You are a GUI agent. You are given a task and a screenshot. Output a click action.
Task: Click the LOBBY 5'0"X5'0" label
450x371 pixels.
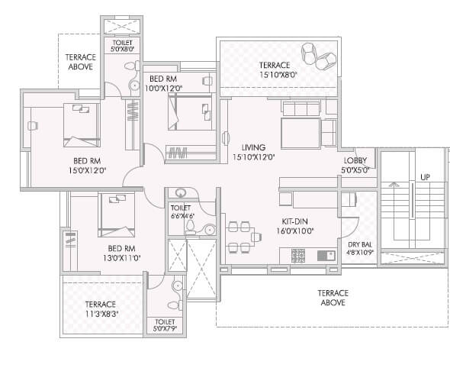coord(355,165)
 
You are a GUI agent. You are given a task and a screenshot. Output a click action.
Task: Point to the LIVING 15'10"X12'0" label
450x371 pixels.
coord(253,152)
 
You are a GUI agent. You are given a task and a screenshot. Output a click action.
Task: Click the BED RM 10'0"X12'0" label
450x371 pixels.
coord(163,83)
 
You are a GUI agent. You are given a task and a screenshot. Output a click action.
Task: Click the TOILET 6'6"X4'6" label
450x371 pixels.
coord(181,211)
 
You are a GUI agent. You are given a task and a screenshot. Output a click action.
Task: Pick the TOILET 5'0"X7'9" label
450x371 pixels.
coord(164,325)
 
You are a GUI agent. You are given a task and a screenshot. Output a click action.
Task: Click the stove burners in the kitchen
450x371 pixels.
coord(298,254)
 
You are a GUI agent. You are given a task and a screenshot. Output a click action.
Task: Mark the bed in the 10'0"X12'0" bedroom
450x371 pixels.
coord(190,114)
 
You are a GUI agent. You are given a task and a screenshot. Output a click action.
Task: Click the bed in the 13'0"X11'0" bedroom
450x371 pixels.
coord(117,215)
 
